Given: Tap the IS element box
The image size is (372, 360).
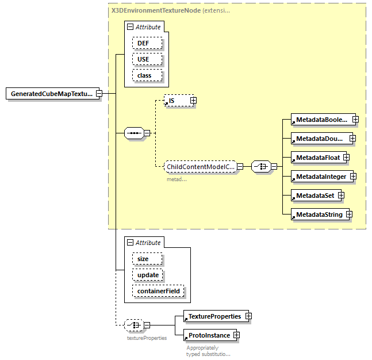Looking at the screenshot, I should (x=176, y=101).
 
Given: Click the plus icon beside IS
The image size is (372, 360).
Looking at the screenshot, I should (x=193, y=101).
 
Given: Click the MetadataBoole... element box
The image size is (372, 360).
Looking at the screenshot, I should (x=321, y=120).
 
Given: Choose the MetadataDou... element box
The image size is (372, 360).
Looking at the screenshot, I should (x=319, y=139).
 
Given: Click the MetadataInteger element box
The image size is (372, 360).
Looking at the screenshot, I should (x=320, y=177).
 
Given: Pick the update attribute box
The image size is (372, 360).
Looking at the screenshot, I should (x=148, y=275).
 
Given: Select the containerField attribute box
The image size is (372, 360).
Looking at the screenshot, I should (x=158, y=291).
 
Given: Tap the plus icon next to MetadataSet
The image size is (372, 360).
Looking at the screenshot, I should (x=341, y=196).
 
